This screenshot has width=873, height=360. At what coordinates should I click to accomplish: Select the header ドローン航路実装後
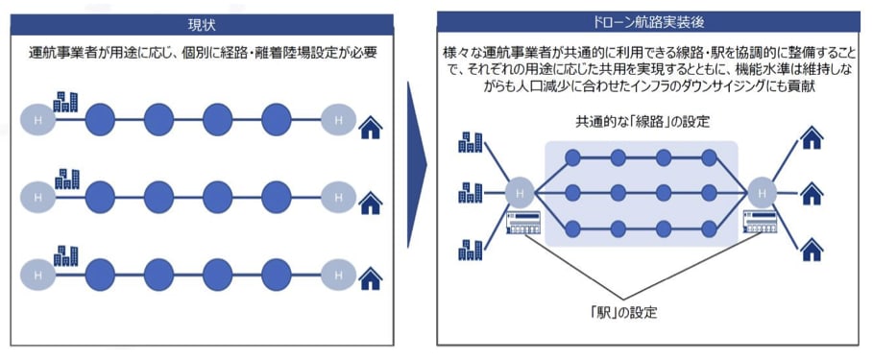[649, 21]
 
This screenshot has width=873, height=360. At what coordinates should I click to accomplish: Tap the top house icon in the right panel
[812, 139]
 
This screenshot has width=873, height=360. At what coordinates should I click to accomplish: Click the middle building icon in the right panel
[471, 192]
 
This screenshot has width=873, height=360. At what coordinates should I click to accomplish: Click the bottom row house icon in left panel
[371, 279]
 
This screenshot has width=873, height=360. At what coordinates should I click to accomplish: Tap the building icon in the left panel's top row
[66, 102]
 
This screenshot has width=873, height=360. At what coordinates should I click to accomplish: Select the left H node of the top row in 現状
[38, 120]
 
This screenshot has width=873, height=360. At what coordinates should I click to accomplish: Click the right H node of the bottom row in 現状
[337, 273]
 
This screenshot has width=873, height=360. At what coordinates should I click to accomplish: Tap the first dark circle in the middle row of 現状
[101, 196]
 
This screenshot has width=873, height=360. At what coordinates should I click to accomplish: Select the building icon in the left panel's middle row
[66, 179]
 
